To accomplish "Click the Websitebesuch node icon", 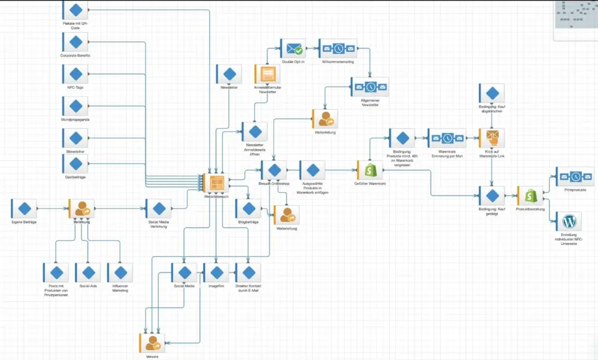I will tap(216, 184).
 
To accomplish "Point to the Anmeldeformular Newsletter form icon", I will tap(268, 74).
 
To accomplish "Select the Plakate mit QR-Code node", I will tap(75, 10).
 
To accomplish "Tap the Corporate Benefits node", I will tap(75, 42).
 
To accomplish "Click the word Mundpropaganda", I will tap(75, 119).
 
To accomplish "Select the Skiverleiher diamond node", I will tap(75, 138).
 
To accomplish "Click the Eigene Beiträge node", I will tap(25, 209).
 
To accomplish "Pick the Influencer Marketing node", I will tap(120, 273).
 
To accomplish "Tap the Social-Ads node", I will tap(88, 273).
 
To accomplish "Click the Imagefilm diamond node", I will tap(217, 273).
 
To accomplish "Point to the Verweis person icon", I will tap(152, 342).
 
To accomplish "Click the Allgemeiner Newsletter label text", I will tap(370, 103).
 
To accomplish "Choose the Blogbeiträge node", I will tap(249, 209).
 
